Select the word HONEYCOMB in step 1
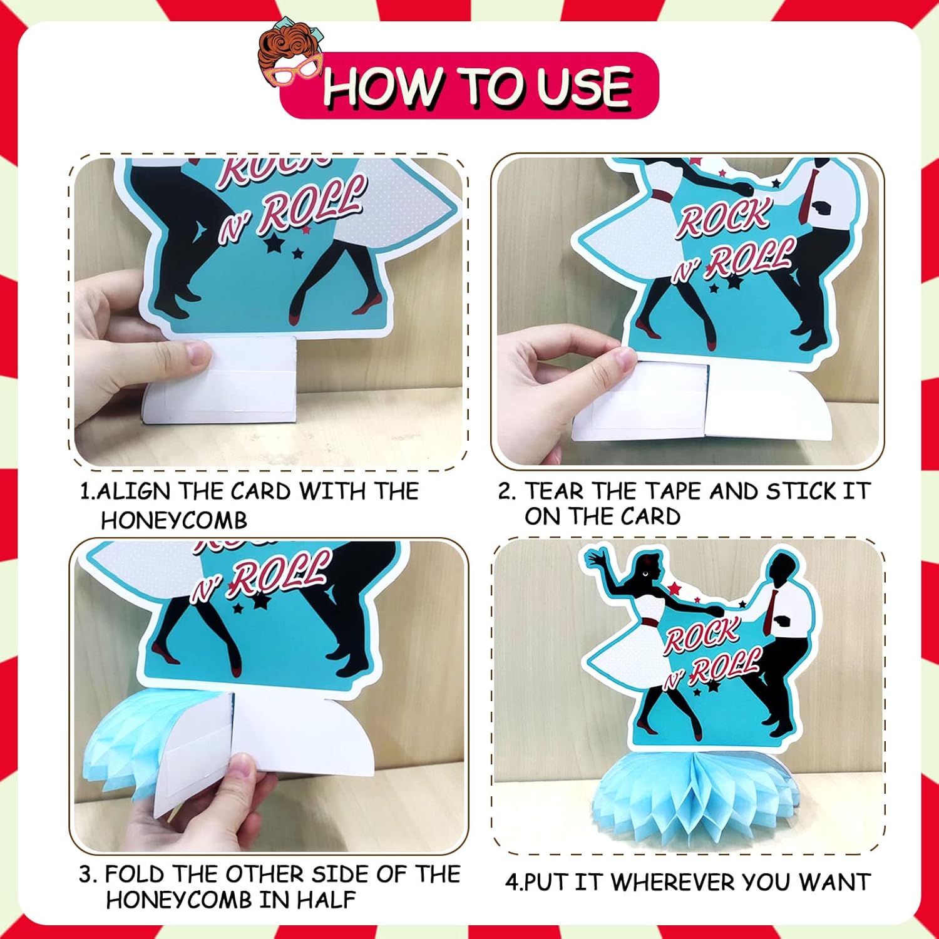174,520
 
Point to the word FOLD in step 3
135,874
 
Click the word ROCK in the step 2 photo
724,219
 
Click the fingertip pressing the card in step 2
626,360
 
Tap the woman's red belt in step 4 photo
649,622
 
